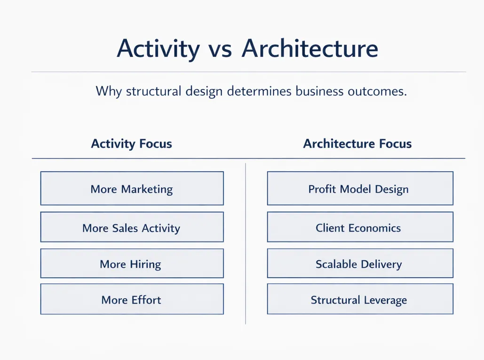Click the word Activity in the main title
(159, 49)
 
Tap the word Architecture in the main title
(310, 48)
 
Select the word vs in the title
(220, 51)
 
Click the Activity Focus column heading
(132, 144)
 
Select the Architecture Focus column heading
(357, 144)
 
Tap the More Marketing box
(132, 188)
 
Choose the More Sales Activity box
(132, 227)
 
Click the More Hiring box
(132, 264)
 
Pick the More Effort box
(132, 299)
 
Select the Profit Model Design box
(360, 188)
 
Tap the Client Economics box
(360, 227)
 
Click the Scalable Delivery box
(360, 264)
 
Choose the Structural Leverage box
(360, 299)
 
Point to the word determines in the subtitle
(259, 91)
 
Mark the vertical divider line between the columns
(246, 244)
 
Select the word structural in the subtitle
(153, 91)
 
